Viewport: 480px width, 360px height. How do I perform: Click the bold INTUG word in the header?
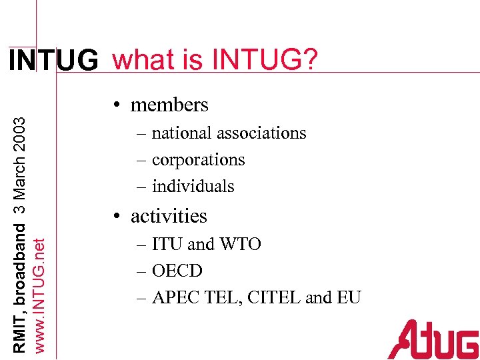53,61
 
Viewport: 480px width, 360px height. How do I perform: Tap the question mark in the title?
310,60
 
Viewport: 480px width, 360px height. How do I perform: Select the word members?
169,105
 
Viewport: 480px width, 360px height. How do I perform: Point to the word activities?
169,216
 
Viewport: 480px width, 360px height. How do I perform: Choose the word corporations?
198,161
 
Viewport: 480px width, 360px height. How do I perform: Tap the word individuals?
193,187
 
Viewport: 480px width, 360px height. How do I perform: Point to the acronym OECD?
177,271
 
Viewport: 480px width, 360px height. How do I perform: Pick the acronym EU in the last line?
349,298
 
